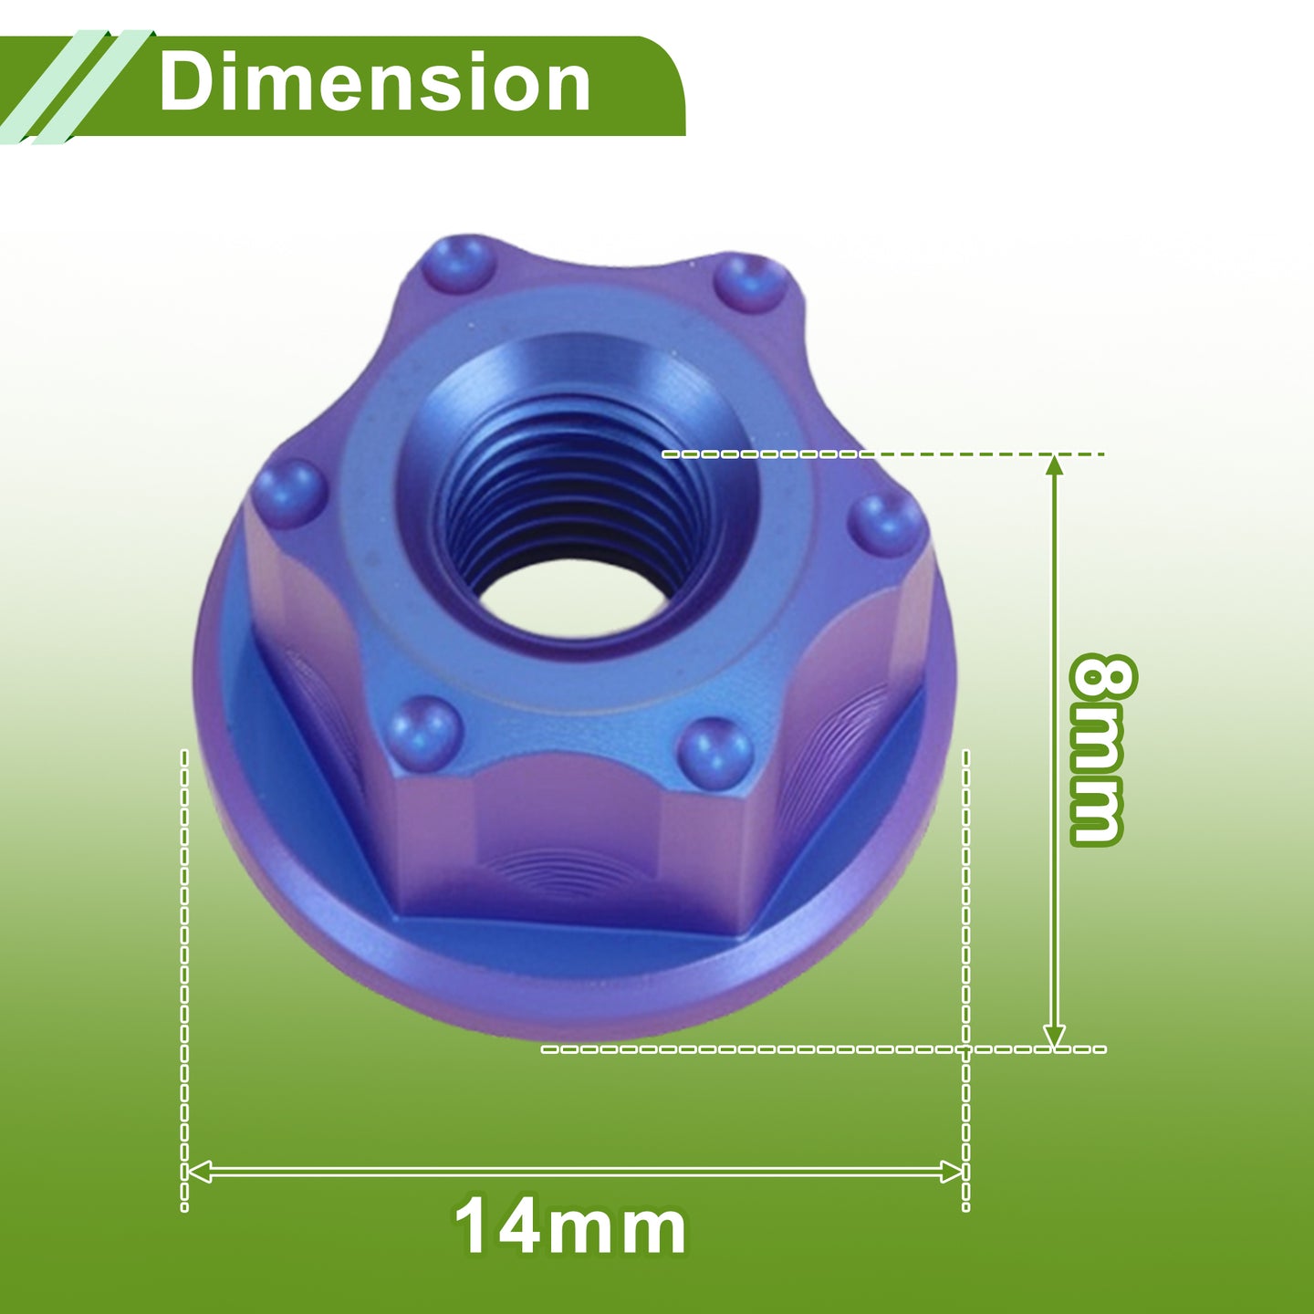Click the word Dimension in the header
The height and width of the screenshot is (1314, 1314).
(374, 83)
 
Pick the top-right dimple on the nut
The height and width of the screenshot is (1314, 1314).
(750, 279)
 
